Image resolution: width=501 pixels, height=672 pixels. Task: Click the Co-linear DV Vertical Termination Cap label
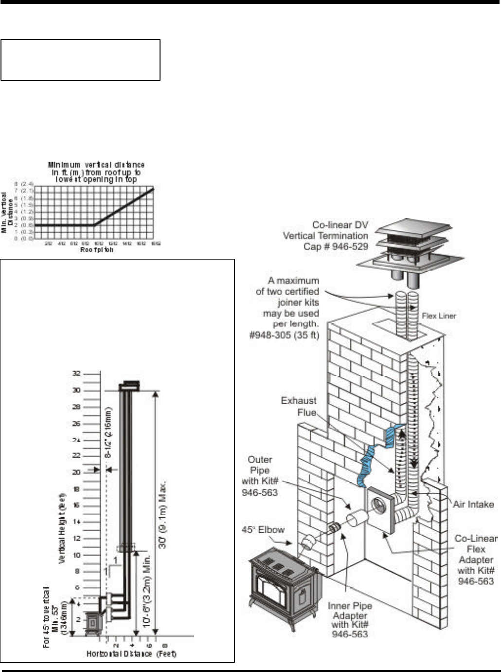[326, 236]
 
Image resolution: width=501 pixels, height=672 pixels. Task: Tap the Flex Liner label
[439, 316]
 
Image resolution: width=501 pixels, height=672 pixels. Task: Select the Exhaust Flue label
[299, 406]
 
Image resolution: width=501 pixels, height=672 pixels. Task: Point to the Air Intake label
[473, 504]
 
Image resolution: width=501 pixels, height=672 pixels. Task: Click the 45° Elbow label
[263, 529]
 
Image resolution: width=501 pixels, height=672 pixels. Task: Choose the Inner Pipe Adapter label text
[350, 619]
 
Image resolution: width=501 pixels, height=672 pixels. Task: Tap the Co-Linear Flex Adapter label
[476, 560]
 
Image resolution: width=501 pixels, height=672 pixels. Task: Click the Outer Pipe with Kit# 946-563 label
[260, 476]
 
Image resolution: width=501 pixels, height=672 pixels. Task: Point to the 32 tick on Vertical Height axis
[76, 374]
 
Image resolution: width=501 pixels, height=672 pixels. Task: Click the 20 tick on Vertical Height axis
[76, 472]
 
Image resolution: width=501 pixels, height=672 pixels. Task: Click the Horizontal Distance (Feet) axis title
[131, 653]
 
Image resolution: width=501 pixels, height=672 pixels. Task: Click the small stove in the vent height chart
[91, 623]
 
